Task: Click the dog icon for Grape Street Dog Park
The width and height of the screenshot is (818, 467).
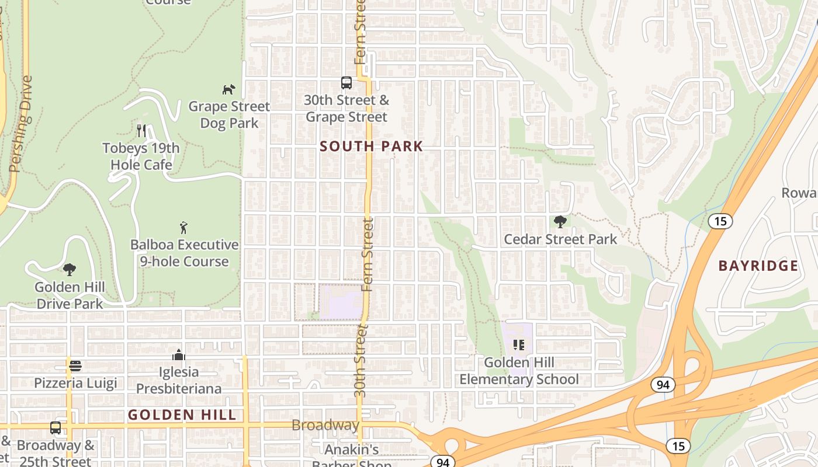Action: point(228,89)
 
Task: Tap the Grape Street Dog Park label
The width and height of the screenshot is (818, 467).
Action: point(229,115)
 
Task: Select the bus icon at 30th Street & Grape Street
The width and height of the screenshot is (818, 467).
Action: point(346,83)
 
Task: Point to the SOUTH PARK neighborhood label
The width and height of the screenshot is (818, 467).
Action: point(371,147)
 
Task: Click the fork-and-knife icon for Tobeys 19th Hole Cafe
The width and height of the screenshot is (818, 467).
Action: point(141,130)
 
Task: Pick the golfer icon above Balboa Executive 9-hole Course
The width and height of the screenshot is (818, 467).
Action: point(184,228)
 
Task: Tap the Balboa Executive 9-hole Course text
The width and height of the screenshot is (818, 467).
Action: point(185,253)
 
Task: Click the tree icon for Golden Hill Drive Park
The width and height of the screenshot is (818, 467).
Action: point(70,269)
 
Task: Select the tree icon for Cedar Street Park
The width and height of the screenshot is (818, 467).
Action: point(560,222)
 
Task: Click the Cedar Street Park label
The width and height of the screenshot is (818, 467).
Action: point(560,239)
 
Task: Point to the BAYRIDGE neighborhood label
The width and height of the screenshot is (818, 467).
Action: point(758,266)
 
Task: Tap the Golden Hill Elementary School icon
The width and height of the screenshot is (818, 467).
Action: point(518,345)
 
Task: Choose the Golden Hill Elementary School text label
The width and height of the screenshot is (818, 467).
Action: point(519,371)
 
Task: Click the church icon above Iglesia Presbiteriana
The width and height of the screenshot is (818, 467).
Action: point(179,355)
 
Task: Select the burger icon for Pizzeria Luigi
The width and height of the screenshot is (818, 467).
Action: point(75,366)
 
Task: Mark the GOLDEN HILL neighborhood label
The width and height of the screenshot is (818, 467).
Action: point(182,415)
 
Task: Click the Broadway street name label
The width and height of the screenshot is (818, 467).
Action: point(325,425)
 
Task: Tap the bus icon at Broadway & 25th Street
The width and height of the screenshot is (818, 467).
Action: point(56,428)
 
